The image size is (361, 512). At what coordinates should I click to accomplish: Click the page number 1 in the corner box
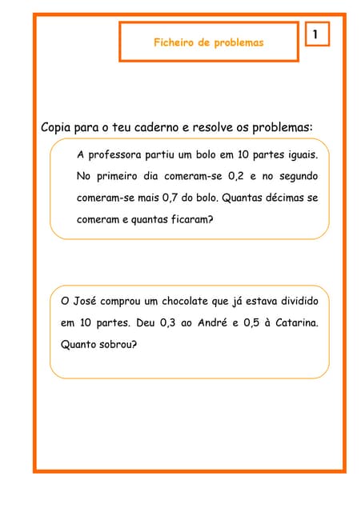point(317,34)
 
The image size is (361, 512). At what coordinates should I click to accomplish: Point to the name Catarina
point(298,324)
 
